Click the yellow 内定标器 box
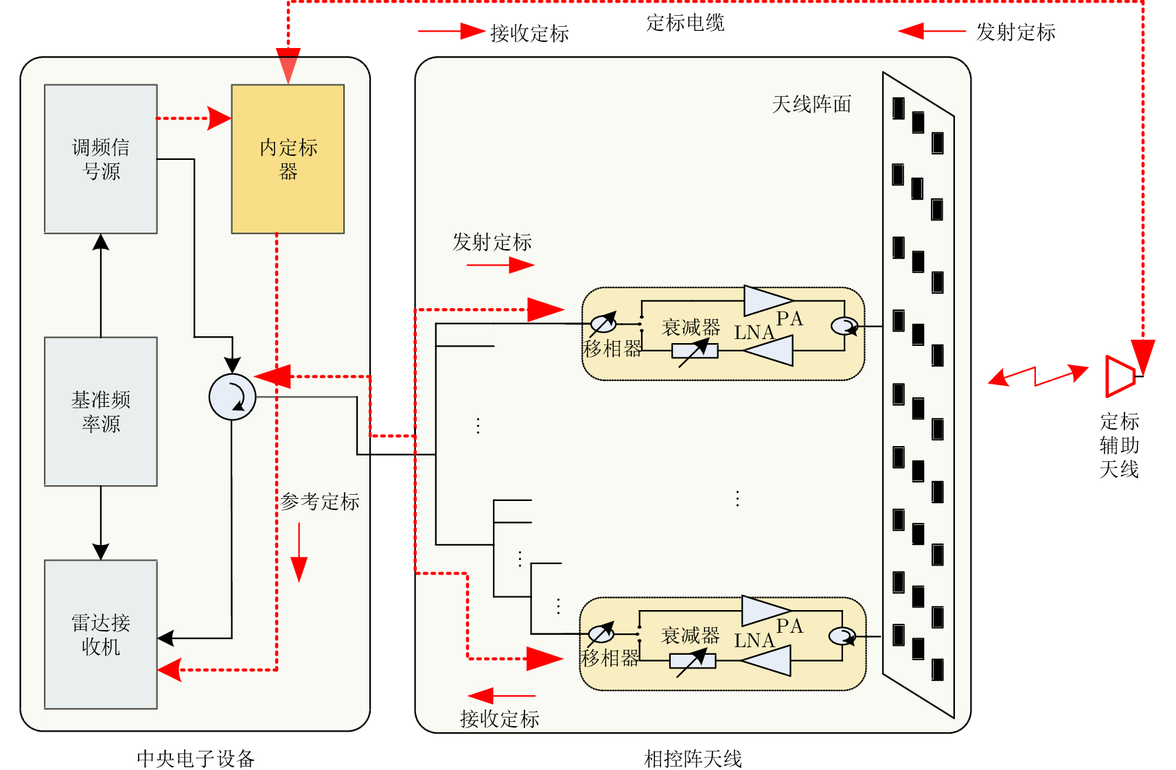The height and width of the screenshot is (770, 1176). click(x=288, y=159)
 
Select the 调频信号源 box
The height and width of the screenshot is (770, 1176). click(x=101, y=159)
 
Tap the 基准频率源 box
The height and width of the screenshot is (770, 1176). click(x=101, y=411)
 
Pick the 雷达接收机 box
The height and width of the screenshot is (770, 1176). click(x=101, y=634)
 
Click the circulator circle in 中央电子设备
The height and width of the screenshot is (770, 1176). click(x=232, y=397)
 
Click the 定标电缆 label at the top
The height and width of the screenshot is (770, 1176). click(x=685, y=23)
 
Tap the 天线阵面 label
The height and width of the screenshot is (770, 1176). click(x=811, y=104)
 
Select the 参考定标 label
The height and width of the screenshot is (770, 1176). click(x=320, y=502)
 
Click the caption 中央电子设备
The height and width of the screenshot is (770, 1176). click(x=196, y=758)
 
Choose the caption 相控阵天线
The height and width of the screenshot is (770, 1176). click(x=693, y=758)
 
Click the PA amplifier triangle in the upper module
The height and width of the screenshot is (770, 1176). click(x=768, y=301)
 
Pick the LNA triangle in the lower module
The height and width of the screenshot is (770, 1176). click(x=767, y=661)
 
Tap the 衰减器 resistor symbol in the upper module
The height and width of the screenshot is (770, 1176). click(x=695, y=351)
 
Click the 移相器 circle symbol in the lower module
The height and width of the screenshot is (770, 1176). click(x=601, y=633)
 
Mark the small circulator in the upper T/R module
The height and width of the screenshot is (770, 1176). click(x=844, y=326)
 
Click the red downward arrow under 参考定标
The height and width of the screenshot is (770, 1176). click(x=299, y=552)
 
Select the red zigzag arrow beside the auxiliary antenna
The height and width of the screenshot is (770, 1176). click(x=1037, y=376)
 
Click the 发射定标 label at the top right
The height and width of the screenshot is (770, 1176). click(x=1015, y=32)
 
